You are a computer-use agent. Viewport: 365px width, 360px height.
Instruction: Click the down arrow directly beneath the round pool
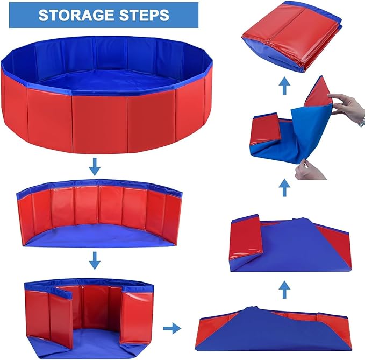point(95,168)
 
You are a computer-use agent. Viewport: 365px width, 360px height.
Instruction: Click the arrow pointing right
point(171,327)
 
